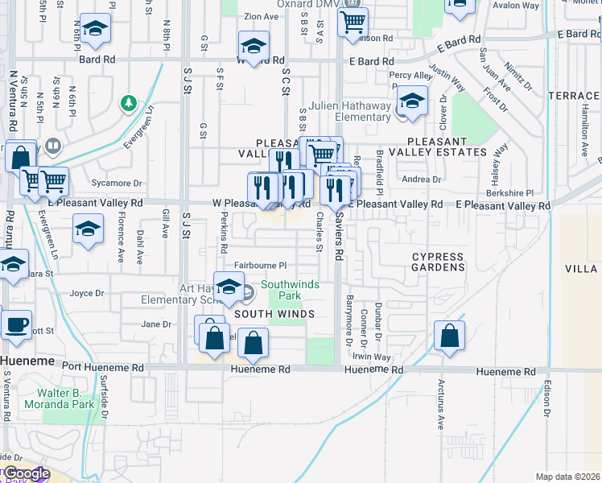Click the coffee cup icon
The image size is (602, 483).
pyautogui.click(x=17, y=325)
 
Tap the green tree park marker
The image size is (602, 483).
pyautogui.click(x=127, y=103)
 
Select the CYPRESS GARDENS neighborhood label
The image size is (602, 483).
pyautogui.click(x=439, y=262)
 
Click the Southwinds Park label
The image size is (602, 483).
pyautogui.click(x=290, y=290)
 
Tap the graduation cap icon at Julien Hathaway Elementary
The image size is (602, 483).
pyautogui.click(x=412, y=102)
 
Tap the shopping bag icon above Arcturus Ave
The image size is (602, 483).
pyautogui.click(x=450, y=336)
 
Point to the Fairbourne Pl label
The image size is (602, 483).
pyautogui.click(x=261, y=265)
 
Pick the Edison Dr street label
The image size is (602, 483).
pyautogui.click(x=546, y=398)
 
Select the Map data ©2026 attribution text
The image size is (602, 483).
pyautogui.click(x=567, y=477)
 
